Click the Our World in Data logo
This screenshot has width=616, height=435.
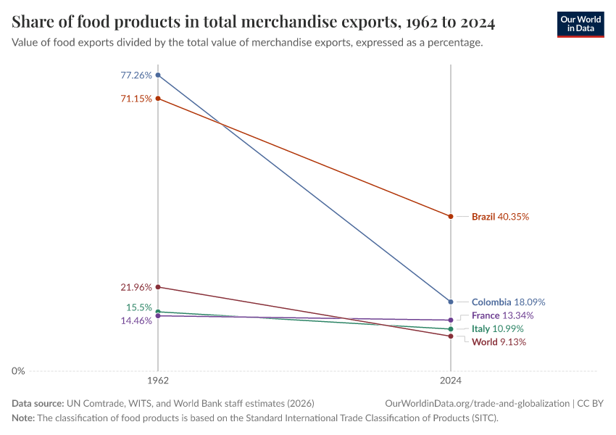coord(580,24)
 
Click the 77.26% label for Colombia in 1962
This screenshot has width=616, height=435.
coord(136,75)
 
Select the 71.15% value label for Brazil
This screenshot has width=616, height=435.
coord(136,99)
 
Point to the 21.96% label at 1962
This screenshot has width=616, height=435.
coord(136,287)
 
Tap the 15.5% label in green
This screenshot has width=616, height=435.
coord(138,307)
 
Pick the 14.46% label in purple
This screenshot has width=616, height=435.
coord(136,320)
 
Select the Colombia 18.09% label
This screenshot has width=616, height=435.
coord(508,302)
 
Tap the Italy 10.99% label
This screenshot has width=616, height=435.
coord(498,329)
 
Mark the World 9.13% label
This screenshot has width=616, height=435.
coord(499,342)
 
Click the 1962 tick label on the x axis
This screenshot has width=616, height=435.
coord(158,380)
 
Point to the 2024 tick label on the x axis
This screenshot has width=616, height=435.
coord(451,380)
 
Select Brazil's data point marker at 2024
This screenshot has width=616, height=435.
coord(451,217)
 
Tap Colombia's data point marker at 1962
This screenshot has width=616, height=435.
coord(158,75)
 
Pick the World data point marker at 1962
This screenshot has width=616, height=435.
coord(158,287)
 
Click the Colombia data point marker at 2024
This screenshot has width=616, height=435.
coord(451,302)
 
